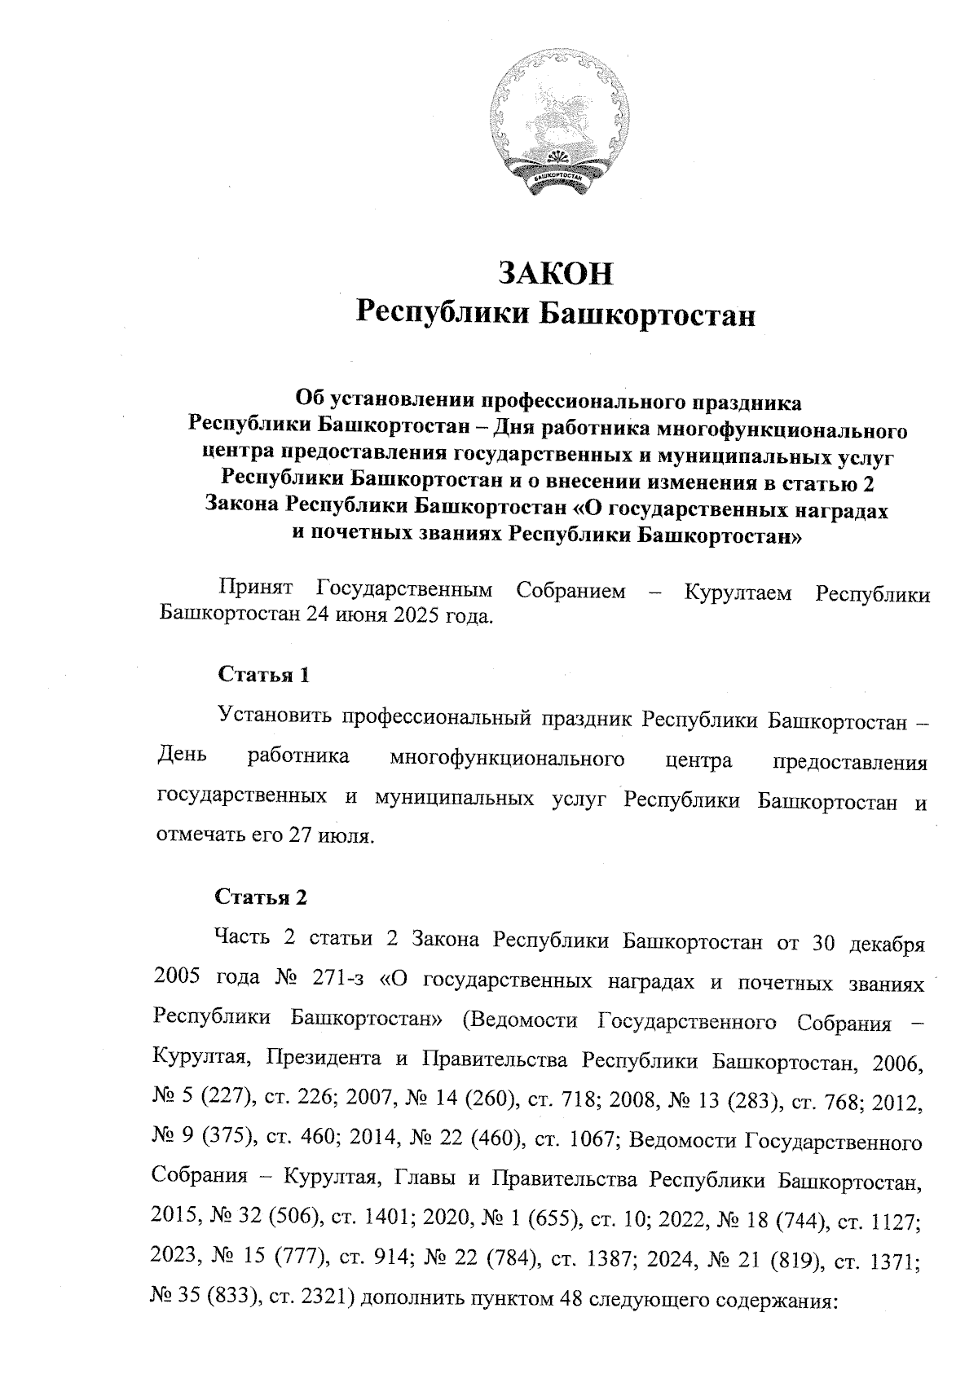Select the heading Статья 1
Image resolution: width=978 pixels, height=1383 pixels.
coord(265,675)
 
